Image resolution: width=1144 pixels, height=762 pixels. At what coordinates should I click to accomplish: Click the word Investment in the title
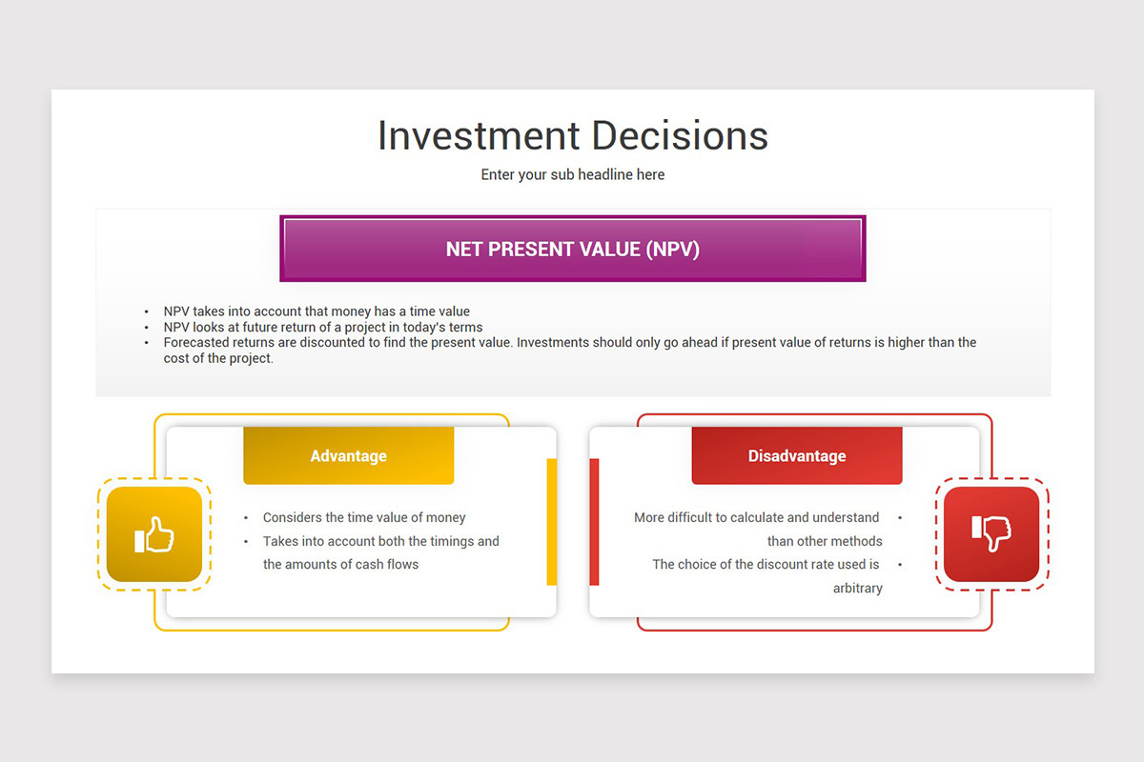point(479,136)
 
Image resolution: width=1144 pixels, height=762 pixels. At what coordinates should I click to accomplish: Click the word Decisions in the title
point(680,136)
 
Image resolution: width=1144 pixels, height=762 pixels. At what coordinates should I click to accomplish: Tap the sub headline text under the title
point(573,175)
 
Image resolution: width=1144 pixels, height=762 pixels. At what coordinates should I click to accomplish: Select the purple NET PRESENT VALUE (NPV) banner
point(573,249)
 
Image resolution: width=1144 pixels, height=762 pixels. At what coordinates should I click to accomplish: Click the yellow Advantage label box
point(348,455)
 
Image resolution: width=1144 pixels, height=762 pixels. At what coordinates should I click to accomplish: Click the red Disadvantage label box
point(797,455)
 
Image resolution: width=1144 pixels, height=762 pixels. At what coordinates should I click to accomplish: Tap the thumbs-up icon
point(154,534)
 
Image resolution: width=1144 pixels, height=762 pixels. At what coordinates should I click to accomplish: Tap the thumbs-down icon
point(991,533)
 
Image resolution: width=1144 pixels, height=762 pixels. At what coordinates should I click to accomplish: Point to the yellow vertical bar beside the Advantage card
point(552,522)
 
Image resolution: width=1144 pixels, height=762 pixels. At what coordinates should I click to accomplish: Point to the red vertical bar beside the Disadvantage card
point(594,522)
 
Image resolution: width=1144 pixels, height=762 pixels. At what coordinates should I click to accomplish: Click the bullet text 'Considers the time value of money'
point(364,517)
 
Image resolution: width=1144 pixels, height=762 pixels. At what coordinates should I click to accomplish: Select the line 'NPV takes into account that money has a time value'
point(317,311)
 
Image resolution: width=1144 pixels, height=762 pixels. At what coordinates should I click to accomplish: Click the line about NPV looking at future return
point(323,327)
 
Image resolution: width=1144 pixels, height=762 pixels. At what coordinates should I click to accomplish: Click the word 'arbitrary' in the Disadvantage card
point(857,589)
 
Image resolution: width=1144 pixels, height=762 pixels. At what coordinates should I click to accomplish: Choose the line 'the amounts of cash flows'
point(340,565)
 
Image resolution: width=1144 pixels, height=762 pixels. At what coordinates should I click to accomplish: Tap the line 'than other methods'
point(825,541)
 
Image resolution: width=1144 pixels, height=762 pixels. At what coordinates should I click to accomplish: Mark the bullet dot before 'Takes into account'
point(246,542)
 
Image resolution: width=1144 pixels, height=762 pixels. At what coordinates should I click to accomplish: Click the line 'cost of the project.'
point(218,358)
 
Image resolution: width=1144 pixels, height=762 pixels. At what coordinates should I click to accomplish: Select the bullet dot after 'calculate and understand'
point(900,518)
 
